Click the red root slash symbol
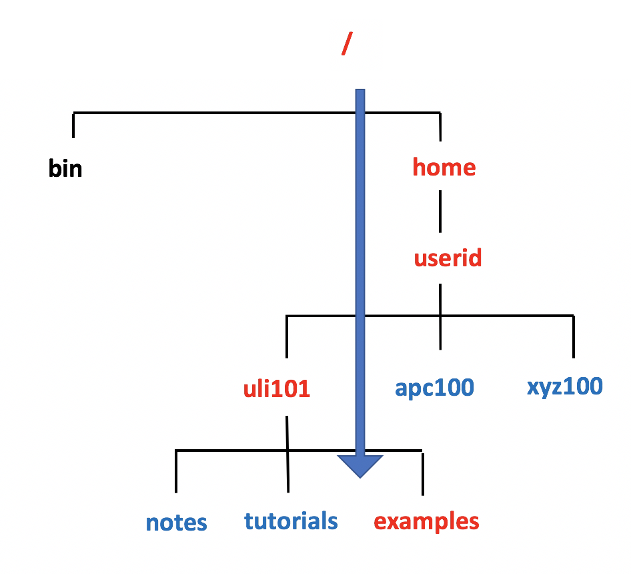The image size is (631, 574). point(346,44)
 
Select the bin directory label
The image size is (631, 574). point(65,169)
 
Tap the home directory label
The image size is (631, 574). point(444,167)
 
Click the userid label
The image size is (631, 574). point(448,258)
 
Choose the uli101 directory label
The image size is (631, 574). point(277,388)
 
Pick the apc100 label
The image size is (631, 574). point(434,387)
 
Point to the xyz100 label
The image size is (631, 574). point(564,386)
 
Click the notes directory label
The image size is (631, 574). point(176,523)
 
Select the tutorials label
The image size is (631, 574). point(291,521)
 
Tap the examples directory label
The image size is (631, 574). point(426,521)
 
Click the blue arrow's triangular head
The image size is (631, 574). point(360,466)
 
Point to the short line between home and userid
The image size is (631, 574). point(440,211)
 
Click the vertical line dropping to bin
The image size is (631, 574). point(73,125)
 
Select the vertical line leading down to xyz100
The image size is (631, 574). point(573,337)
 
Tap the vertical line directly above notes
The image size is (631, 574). point(176,472)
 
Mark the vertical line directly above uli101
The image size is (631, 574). point(287,337)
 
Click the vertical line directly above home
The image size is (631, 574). point(440,127)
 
